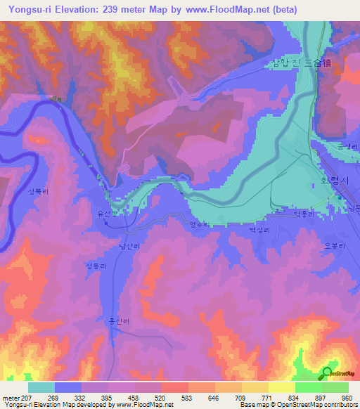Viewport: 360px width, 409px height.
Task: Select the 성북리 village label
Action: click(x=37, y=190)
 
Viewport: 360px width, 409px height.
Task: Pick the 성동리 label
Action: click(x=94, y=266)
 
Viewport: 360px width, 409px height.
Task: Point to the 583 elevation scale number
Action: click(x=188, y=398)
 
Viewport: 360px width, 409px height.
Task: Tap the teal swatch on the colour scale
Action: click(x=41, y=387)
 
